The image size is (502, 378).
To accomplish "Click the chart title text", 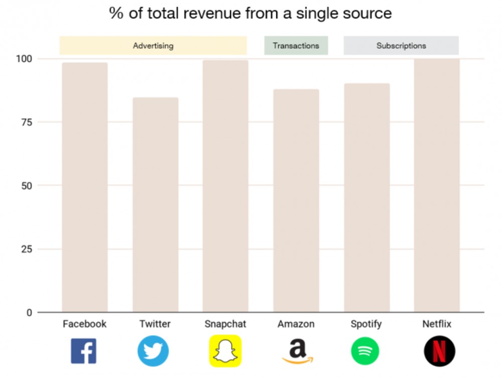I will point(250,14).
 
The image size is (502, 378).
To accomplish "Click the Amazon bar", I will point(296,200).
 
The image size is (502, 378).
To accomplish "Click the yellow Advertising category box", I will point(153,46).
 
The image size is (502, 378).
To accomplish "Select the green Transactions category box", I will point(296,46).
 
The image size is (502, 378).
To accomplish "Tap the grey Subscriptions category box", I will point(401,46).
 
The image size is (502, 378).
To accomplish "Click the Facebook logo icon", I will point(83,351).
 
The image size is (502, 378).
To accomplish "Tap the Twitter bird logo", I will point(153,351).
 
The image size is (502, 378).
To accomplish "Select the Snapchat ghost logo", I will point(225,351).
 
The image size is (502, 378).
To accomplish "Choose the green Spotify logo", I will point(365,351).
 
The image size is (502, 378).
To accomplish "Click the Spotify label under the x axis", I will point(366,324).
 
